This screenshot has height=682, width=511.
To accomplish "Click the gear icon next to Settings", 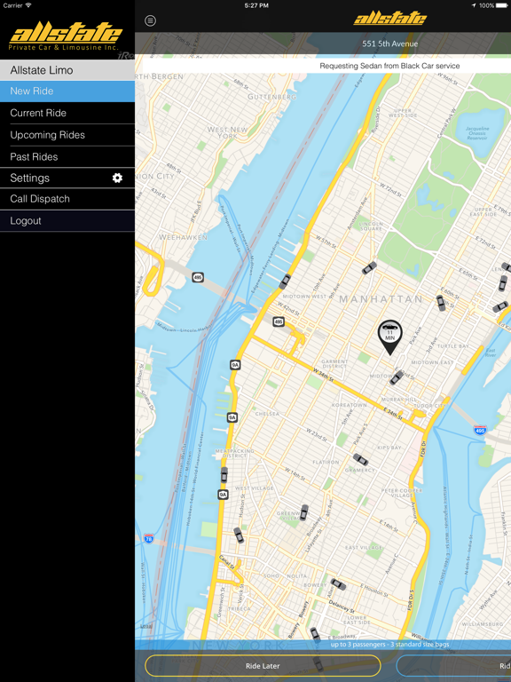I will (x=117, y=178).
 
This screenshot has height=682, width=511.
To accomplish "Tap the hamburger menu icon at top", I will (x=150, y=20).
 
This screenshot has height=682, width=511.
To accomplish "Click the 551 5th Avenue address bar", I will (x=389, y=44).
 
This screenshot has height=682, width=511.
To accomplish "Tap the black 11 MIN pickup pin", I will (x=389, y=335).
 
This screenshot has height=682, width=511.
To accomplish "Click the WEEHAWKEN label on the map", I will (x=183, y=238).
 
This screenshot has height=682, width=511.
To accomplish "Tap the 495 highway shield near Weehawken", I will (x=197, y=278).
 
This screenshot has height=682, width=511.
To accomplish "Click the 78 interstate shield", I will (x=148, y=538).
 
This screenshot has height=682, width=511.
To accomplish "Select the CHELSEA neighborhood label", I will (x=267, y=414).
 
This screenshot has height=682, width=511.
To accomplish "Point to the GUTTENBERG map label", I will (x=271, y=97).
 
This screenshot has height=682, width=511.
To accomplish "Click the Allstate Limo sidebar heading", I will (x=42, y=70).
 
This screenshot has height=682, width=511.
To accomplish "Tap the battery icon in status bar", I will (x=501, y=5).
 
